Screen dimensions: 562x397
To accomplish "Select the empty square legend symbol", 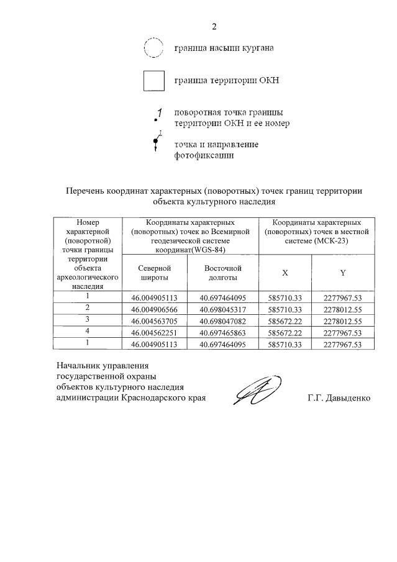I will pos(153,81).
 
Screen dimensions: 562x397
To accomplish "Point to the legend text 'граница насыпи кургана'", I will pos(224,47).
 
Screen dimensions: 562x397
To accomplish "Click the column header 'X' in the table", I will pos(285,273).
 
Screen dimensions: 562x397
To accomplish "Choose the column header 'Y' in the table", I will pos(343,273).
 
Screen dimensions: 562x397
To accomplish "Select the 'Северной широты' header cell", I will pos(155,273).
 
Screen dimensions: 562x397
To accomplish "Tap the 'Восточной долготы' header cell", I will pos(223,273).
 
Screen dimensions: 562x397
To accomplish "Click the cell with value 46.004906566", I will pos(155,309).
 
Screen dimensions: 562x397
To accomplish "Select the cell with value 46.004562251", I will pos(155,333).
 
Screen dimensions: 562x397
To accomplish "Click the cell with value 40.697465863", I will pos(223,333).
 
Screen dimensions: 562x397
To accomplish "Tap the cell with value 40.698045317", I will pos(223,309).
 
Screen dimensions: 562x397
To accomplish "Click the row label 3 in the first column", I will pos(88,320).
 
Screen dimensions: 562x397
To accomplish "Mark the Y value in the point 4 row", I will pos(343,333).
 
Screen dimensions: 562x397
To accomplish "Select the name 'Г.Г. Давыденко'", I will pos(339,397).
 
